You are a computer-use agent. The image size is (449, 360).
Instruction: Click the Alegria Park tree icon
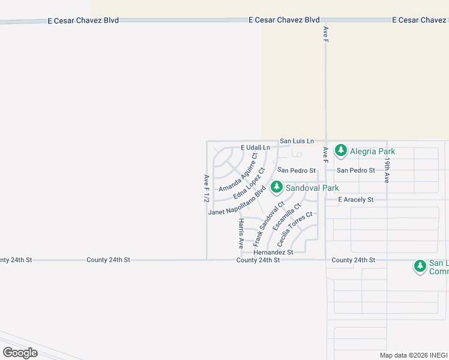pyautogui.click(x=341, y=150)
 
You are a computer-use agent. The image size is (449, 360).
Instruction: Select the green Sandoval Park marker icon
pyautogui.click(x=276, y=188)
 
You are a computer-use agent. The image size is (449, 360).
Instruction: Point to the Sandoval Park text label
pyautogui.click(x=312, y=188)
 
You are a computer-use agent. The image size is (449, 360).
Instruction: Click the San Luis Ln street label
pyautogui.click(x=297, y=141)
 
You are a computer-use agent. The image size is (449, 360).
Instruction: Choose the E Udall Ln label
pyautogui.click(x=256, y=148)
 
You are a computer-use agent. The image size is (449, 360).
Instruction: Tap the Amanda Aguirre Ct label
pyautogui.click(x=238, y=173)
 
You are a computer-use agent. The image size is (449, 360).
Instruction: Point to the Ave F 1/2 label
pyautogui.click(x=206, y=188)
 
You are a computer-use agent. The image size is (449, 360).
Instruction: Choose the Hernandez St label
pyautogui.click(x=273, y=253)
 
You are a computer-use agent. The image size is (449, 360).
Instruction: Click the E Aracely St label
pyautogui.click(x=356, y=199)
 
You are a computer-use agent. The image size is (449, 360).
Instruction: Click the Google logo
pyautogui.click(x=20, y=352)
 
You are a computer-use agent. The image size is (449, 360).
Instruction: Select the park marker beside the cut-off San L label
pyautogui.click(x=420, y=266)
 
